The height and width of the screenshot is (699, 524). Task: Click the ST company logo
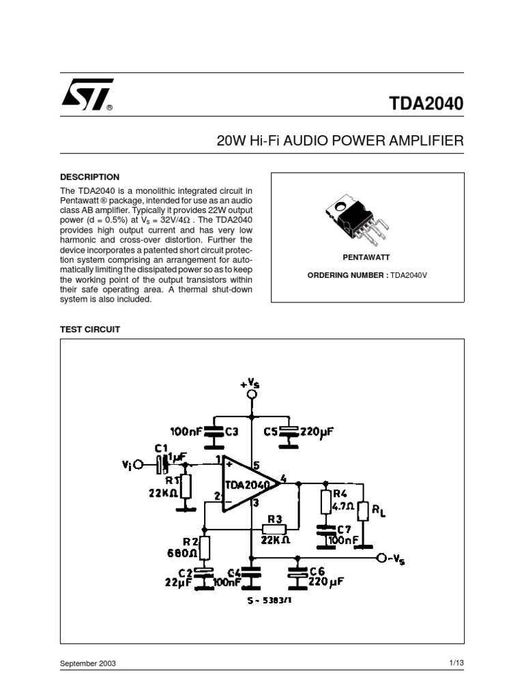coord(87,94)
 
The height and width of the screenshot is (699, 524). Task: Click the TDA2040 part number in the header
coord(426,104)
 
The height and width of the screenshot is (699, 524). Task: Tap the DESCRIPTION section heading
coord(89,177)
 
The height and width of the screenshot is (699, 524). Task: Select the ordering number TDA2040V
coord(409,276)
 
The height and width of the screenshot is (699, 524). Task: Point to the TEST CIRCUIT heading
coord(90,330)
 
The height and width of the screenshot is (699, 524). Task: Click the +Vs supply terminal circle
coord(252,394)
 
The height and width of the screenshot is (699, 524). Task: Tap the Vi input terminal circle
coord(139,465)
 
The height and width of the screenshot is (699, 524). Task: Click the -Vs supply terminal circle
coord(381,558)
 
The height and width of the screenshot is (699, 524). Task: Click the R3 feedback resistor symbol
coord(274,529)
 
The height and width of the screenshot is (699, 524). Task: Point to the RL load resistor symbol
coord(364,511)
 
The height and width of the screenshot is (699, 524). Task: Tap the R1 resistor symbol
coord(186,486)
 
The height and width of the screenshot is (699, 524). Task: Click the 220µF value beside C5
coord(317,431)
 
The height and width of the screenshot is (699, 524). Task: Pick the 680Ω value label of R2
coord(181,553)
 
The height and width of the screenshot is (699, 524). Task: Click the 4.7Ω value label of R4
coord(343,507)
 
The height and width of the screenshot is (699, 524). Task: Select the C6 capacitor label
coord(317,571)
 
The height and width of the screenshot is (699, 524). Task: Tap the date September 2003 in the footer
coord(88,664)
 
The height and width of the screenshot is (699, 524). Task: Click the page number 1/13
coord(456,663)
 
